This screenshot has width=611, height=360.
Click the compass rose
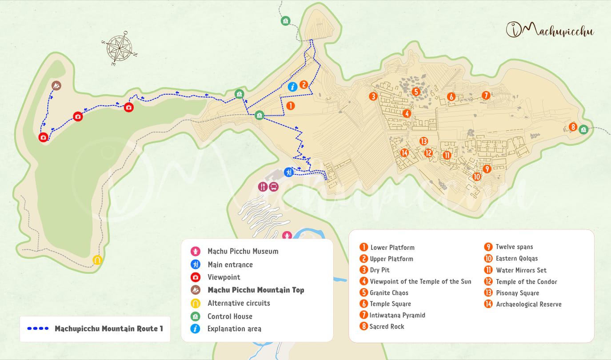[119, 47]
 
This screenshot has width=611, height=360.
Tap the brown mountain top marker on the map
[56, 85]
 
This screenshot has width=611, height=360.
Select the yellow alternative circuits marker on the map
[97, 260]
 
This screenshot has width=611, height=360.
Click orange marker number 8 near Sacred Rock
[573, 127]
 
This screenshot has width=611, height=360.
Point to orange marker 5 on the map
[416, 92]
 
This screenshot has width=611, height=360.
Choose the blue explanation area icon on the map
[292, 87]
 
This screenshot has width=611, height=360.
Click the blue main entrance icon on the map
[289, 172]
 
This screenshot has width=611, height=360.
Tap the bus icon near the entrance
[274, 187]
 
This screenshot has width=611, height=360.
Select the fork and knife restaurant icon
[263, 187]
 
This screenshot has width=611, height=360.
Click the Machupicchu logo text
[550, 30]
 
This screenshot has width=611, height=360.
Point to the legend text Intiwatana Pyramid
[397, 315]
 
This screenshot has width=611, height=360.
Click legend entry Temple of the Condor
[526, 281]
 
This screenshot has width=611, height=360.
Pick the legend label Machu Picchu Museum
[243, 251]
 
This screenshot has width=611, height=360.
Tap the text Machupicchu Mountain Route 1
[109, 329]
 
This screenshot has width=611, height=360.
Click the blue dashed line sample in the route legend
[38, 329]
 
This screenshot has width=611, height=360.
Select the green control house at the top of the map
[285, 21]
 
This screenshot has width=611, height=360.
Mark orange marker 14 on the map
[404, 153]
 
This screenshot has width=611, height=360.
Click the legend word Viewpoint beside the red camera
[224, 277]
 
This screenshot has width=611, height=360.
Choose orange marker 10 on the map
[476, 176]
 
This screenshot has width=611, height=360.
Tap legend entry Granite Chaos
[389, 292]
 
